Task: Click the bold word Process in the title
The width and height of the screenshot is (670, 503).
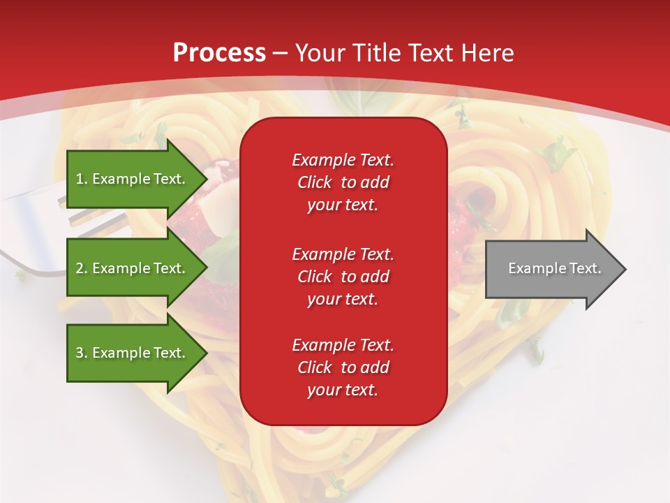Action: pyautogui.click(x=219, y=53)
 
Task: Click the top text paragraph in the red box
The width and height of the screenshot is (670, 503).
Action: pyautogui.click(x=343, y=182)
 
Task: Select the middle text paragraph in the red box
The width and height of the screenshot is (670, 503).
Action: pyautogui.click(x=343, y=276)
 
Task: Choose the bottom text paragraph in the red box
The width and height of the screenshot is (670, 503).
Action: pyautogui.click(x=343, y=367)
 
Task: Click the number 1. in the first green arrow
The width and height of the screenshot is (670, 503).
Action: pyautogui.click(x=82, y=179)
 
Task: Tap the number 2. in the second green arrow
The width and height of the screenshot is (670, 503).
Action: pyautogui.click(x=82, y=268)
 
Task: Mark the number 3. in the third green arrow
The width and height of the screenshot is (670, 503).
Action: pyautogui.click(x=82, y=353)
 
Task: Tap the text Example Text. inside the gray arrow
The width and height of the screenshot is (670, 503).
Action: pyautogui.click(x=555, y=268)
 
